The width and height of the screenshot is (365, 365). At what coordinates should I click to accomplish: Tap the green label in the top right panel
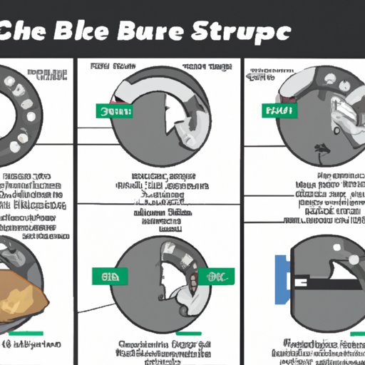pos(279,111)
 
